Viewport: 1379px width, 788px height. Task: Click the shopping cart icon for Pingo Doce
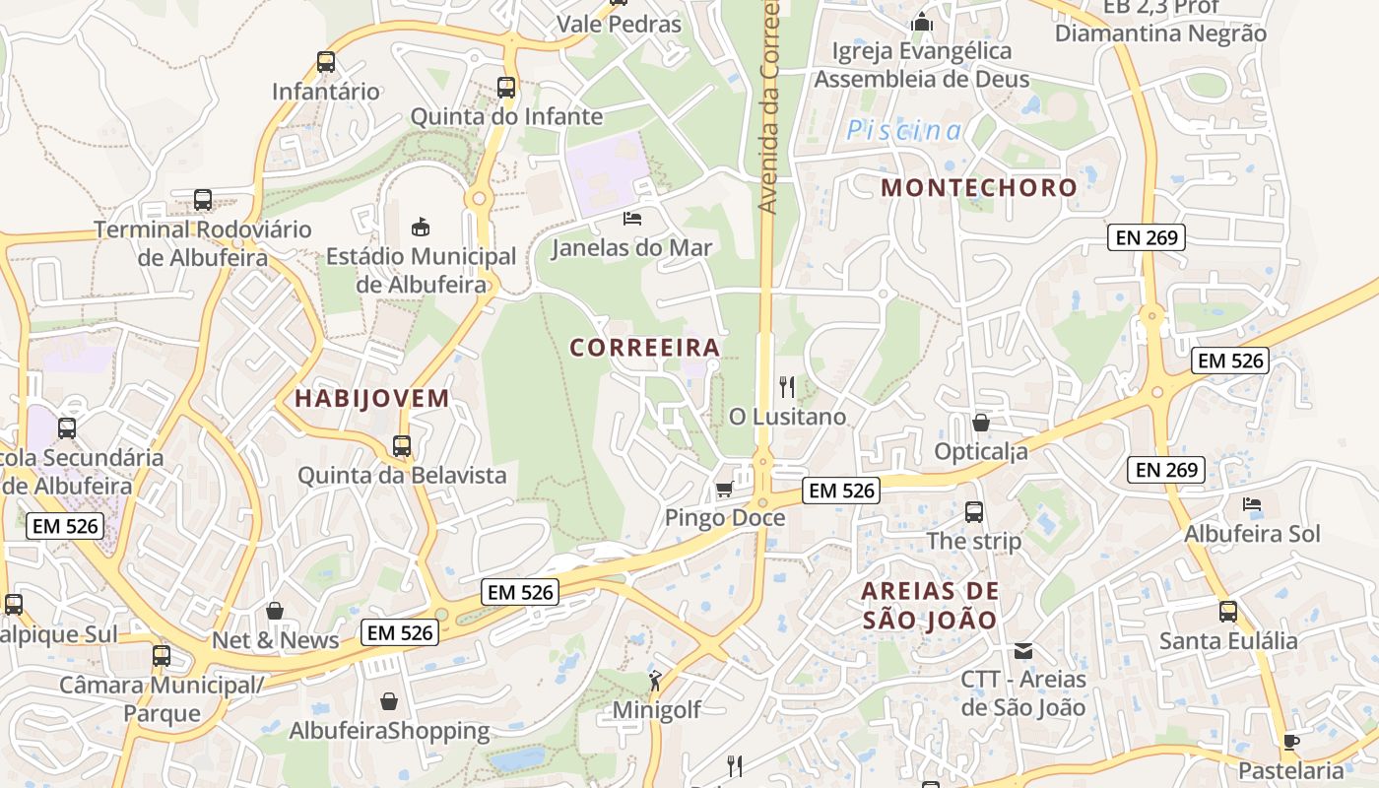[x=724, y=490]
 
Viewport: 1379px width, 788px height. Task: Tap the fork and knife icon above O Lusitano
[x=786, y=387]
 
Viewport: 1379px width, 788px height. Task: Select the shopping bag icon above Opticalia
[x=981, y=423]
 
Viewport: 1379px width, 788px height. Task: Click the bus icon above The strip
[x=974, y=512]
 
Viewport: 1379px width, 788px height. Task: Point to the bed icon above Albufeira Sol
[x=1252, y=504]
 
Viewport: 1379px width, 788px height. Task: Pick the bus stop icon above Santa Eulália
[x=1227, y=612]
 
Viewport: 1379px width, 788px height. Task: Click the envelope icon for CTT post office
[x=1023, y=651]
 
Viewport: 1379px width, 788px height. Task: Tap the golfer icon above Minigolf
[x=655, y=681]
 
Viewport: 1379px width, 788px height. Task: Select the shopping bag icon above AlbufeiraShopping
[x=389, y=701]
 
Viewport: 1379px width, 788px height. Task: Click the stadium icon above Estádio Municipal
[x=421, y=227]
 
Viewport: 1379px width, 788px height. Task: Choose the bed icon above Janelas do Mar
[x=631, y=218]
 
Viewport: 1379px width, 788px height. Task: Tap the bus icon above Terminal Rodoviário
[x=203, y=200]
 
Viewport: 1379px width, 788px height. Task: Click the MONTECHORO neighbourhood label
[x=979, y=187]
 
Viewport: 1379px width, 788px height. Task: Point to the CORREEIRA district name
[x=645, y=348]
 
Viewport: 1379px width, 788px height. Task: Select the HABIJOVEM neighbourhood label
[x=372, y=399]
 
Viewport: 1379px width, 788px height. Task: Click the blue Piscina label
[x=904, y=130]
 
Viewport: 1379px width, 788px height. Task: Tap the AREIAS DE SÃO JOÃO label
[x=930, y=606]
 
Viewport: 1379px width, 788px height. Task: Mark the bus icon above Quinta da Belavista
[x=402, y=446]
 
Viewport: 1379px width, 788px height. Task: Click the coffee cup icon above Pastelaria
[x=1291, y=742]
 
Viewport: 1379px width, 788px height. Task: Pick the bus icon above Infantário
[x=326, y=63]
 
